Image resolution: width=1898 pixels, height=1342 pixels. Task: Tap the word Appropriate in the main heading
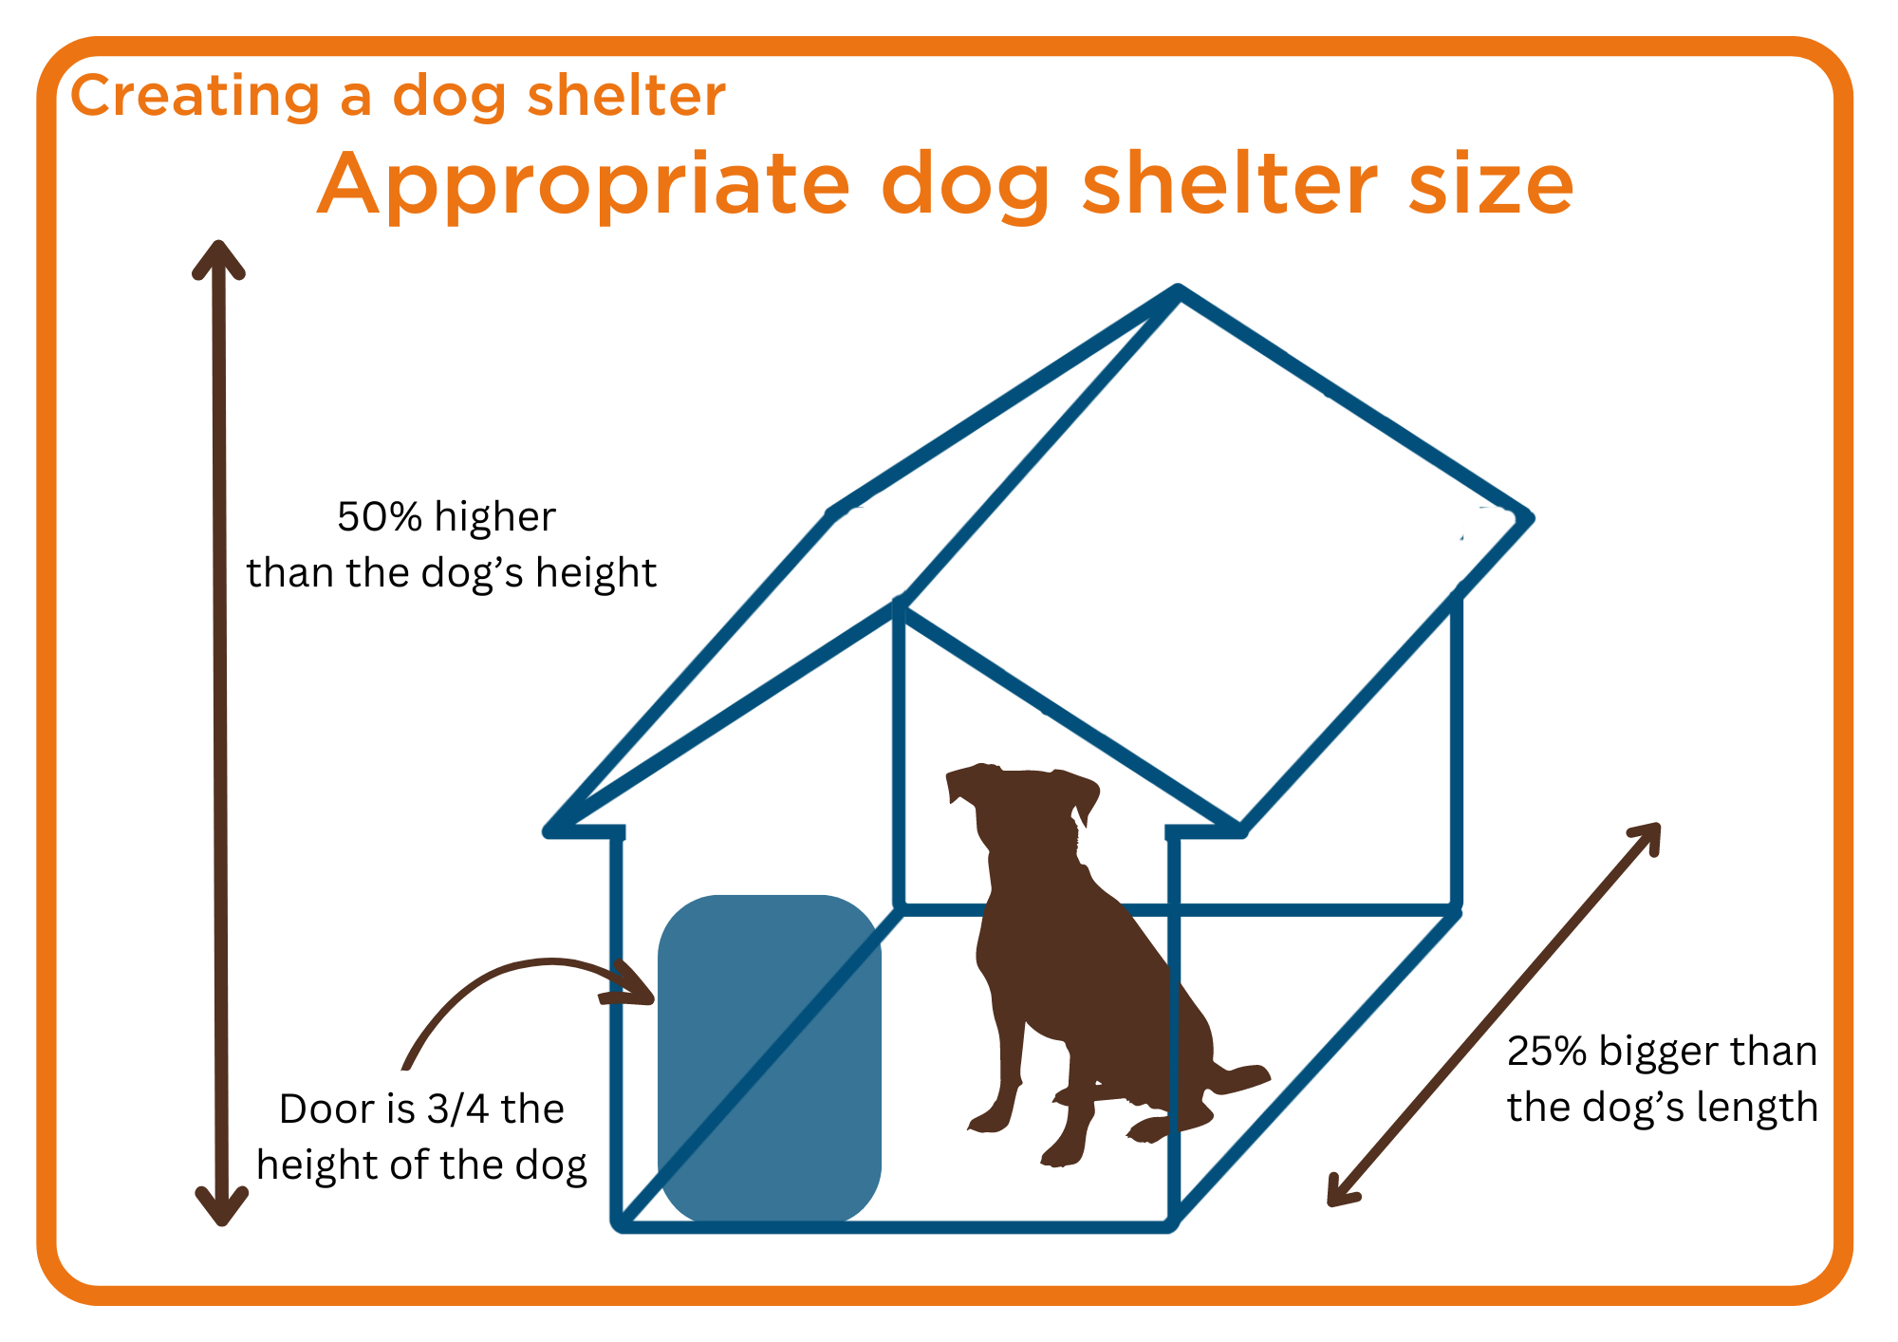(x=583, y=186)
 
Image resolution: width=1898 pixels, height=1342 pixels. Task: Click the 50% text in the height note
(x=380, y=517)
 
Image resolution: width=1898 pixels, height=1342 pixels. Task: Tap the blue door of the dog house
(x=770, y=1058)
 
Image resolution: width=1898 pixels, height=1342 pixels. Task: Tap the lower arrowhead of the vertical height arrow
(x=222, y=1206)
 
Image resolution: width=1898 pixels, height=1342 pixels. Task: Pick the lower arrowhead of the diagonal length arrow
(x=1341, y=1192)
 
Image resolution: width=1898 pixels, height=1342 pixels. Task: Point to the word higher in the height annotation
(x=494, y=518)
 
